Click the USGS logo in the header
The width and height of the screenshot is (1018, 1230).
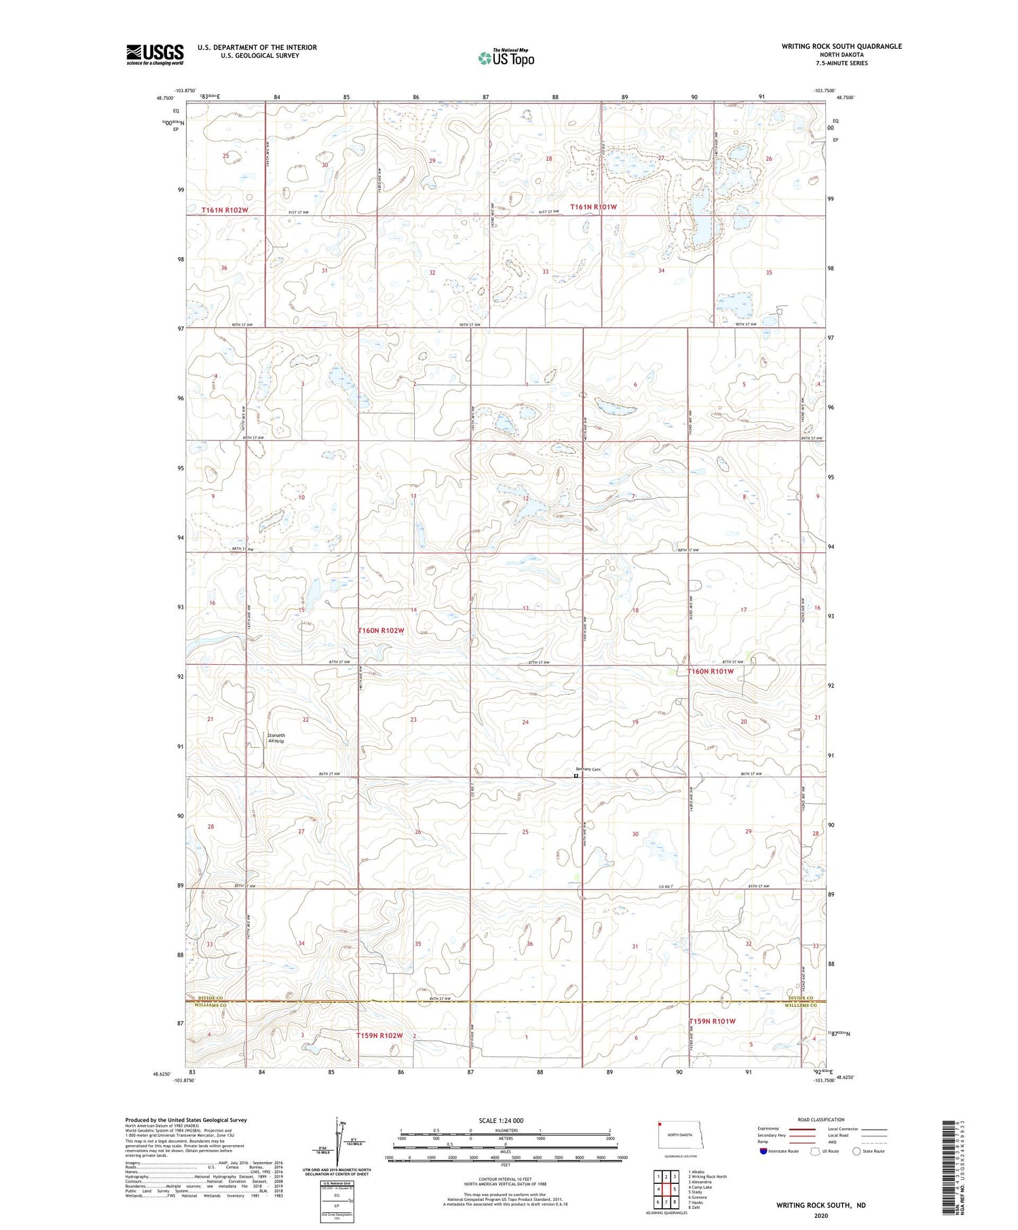(x=155, y=54)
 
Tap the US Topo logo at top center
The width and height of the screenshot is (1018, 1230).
(x=506, y=58)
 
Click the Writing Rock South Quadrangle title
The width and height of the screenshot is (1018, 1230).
(x=842, y=46)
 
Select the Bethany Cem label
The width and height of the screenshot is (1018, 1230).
(x=588, y=769)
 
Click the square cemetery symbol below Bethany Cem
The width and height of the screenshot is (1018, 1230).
(x=576, y=775)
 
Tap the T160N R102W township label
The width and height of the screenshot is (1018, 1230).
(x=381, y=630)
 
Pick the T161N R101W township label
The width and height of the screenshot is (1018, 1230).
(x=593, y=207)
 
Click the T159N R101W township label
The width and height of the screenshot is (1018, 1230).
(x=712, y=1021)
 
